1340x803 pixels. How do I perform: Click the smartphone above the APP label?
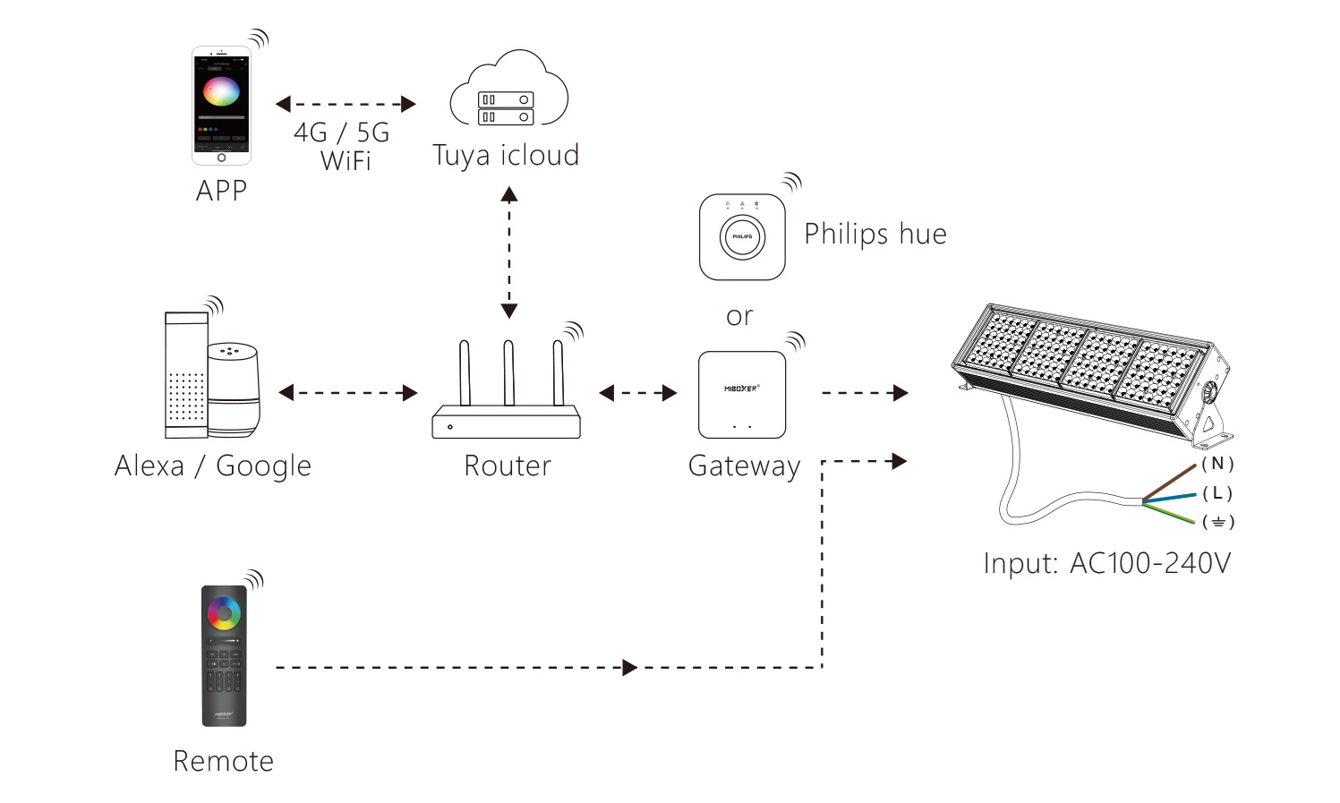click(x=221, y=106)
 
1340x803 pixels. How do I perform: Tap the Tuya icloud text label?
click(x=506, y=156)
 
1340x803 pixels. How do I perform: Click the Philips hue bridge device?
click(x=742, y=237)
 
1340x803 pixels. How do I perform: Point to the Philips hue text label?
click(x=875, y=235)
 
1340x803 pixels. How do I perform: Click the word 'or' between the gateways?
click(x=739, y=317)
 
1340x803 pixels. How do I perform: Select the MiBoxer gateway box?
click(x=742, y=395)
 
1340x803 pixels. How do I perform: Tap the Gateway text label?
click(x=744, y=466)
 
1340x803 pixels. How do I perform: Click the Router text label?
click(x=508, y=466)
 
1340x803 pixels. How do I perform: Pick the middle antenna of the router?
click(x=508, y=373)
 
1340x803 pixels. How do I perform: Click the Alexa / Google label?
click(x=213, y=466)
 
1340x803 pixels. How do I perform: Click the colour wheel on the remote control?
click(x=224, y=613)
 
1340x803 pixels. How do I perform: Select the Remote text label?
click(x=223, y=761)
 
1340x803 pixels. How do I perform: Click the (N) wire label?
click(x=1217, y=464)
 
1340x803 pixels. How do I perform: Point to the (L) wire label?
click(x=1217, y=493)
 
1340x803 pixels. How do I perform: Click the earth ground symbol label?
click(x=1218, y=522)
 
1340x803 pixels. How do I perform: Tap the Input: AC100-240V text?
click(x=1106, y=563)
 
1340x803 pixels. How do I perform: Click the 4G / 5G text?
click(x=342, y=132)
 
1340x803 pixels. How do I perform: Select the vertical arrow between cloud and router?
click(x=509, y=252)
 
